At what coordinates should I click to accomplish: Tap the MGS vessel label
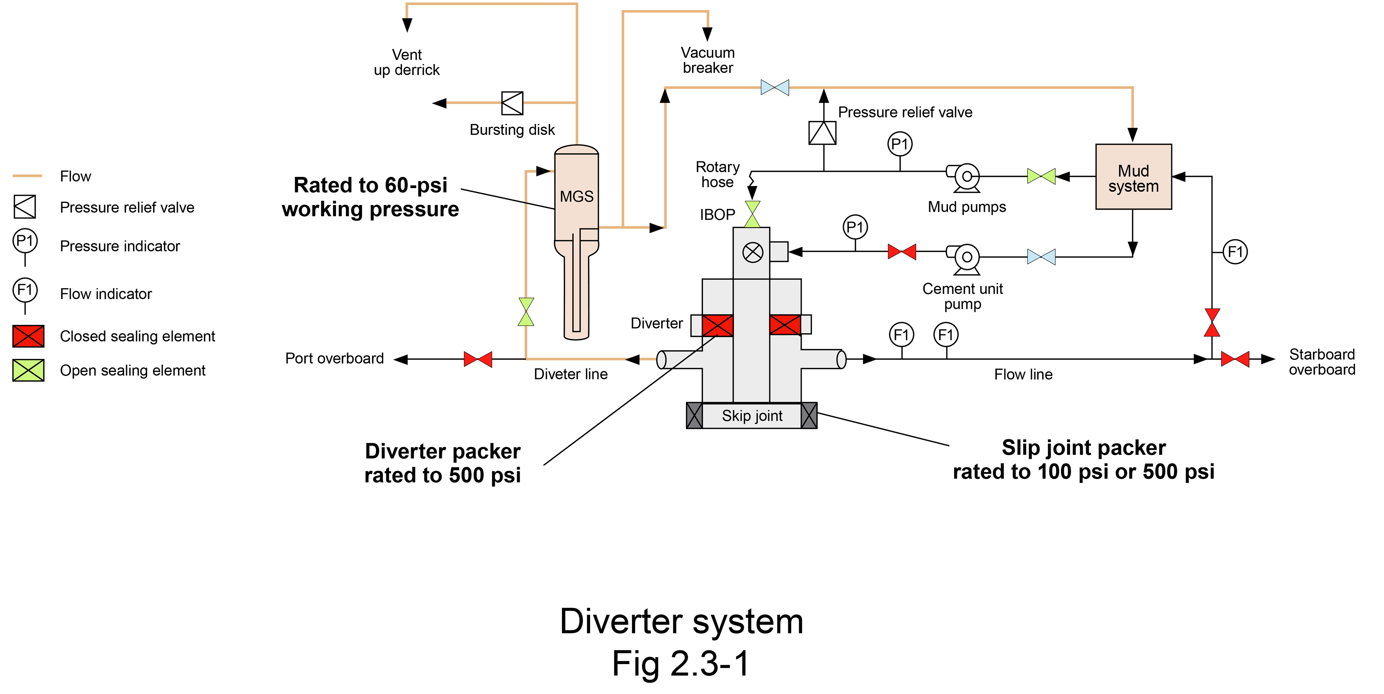coord(577,197)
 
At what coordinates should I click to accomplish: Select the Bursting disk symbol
coord(512,103)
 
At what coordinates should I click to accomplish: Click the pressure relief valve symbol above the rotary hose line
coord(822,133)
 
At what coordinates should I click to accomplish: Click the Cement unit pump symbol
coord(966,258)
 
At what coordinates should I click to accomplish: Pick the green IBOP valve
coord(752,214)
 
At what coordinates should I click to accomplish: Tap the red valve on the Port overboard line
coord(478,359)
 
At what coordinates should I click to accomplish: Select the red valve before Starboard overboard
coord(1235,359)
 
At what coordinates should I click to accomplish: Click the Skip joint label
coord(751,416)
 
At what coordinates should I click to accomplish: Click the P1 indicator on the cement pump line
coord(855,227)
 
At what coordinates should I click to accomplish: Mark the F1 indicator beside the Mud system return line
coord(1235,252)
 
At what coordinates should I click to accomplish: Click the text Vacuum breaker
coord(707,60)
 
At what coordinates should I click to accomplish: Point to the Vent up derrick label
coord(407,62)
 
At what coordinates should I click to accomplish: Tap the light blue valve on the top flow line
coord(775,88)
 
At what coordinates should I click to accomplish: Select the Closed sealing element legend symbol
coord(28,336)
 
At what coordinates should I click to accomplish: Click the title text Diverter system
coord(681,622)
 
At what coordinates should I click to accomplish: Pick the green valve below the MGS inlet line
coord(526,312)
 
